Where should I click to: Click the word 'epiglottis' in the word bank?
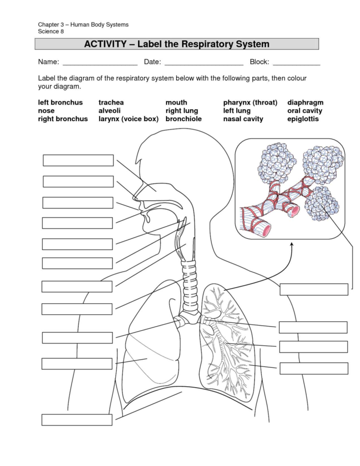pos(303,119)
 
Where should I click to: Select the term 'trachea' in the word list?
pos(111,102)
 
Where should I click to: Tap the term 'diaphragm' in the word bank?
pos(305,102)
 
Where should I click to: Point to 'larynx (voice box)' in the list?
pos(128,119)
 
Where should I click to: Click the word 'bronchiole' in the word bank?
pos(183,119)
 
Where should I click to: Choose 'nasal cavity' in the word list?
pos(243,119)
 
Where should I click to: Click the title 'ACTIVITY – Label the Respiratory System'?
pos(177,44)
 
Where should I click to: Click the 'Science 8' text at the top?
pos(51,32)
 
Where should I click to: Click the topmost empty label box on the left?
pos(78,160)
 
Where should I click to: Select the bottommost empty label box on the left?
pos(77,419)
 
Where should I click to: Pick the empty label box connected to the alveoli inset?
pos(314,289)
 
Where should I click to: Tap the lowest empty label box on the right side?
pos(314,368)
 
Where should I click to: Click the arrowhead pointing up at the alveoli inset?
pos(291,245)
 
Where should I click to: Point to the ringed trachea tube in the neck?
pos(189,285)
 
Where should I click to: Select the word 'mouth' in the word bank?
pos(176,102)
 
